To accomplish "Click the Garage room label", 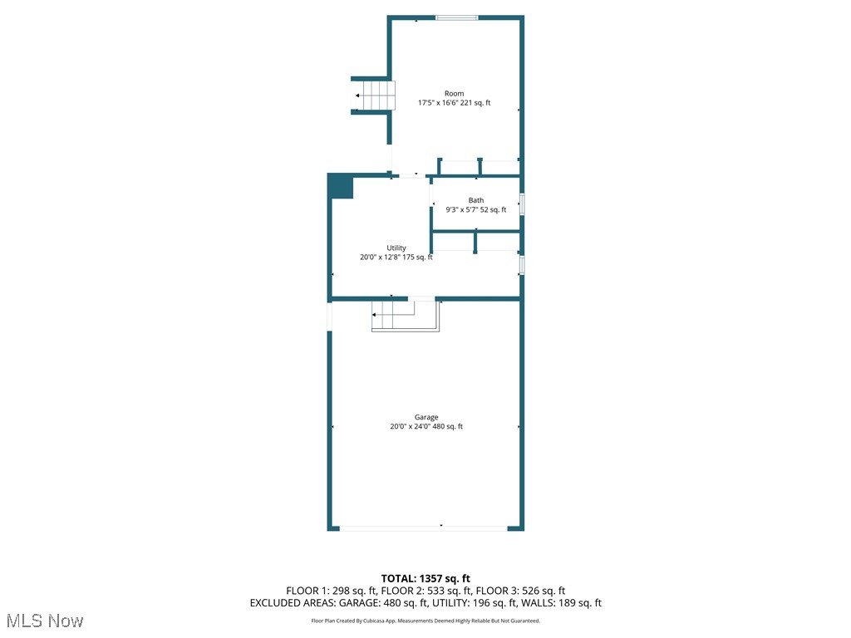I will [x=426, y=417].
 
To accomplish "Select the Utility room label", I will [x=396, y=248].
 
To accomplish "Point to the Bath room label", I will [x=476, y=200].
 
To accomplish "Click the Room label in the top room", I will [x=454, y=93].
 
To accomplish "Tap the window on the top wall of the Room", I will [x=457, y=17].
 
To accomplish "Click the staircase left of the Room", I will [x=374, y=96].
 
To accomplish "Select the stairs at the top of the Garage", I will [x=405, y=317].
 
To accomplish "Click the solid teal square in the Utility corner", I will [x=341, y=186].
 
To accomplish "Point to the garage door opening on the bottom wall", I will [x=424, y=528].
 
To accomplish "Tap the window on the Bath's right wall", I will [x=522, y=204].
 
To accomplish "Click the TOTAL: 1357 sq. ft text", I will [x=425, y=578].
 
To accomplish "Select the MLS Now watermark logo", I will [x=45, y=621].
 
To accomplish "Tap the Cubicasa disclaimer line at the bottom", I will [x=425, y=621].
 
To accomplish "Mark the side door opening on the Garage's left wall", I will [x=330, y=316].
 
